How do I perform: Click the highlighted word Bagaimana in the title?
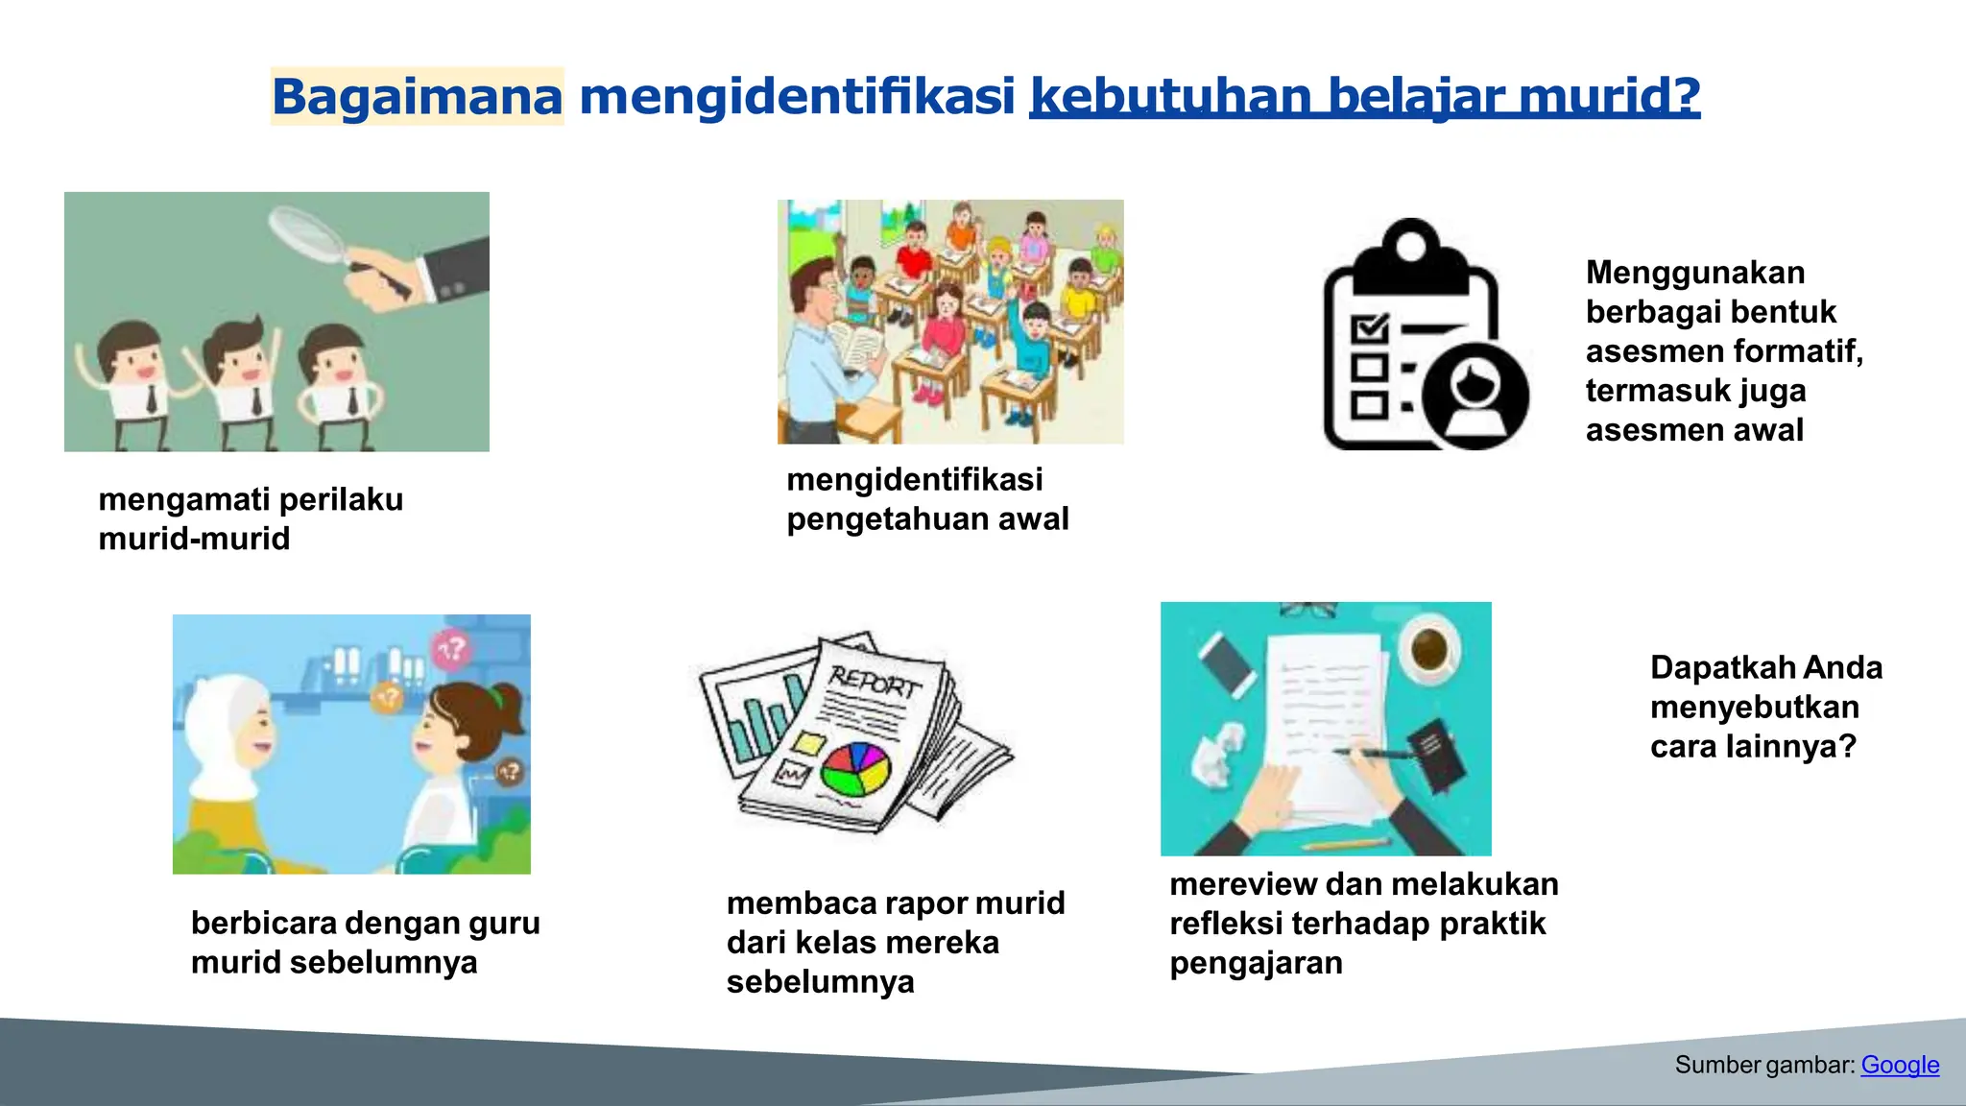coord(417,96)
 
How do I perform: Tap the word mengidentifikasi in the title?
coord(797,96)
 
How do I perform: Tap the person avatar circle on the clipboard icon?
coord(1475,396)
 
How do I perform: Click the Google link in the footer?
coord(1900,1065)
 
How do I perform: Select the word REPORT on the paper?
coord(875,683)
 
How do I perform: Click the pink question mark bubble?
coord(450,650)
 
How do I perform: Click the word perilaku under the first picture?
coord(341,500)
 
